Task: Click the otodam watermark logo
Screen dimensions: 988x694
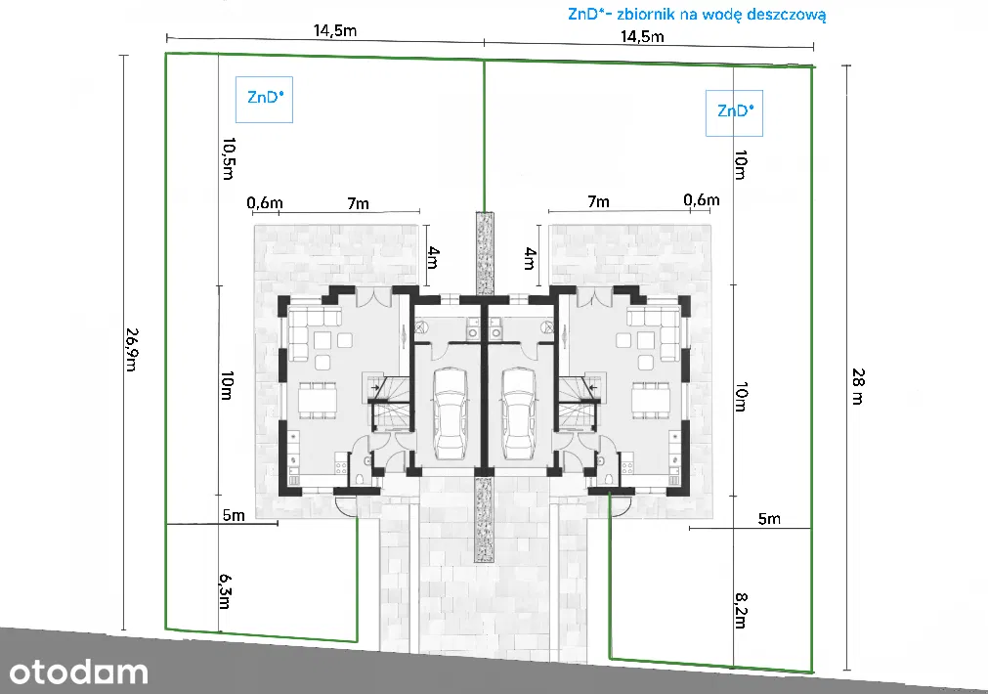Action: (x=78, y=672)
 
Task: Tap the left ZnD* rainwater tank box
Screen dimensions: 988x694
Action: (x=264, y=100)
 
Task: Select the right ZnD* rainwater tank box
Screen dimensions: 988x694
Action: (x=734, y=113)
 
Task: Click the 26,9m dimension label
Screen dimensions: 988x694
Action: (x=131, y=349)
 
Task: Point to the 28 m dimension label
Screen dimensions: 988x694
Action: (x=858, y=386)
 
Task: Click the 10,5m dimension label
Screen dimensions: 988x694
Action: (x=229, y=158)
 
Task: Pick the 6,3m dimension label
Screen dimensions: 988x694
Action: (x=225, y=591)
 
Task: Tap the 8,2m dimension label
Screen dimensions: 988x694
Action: (x=741, y=610)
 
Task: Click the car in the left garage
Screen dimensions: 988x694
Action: (x=451, y=414)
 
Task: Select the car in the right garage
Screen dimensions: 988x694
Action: (x=519, y=414)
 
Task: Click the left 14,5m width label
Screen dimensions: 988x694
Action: (x=335, y=30)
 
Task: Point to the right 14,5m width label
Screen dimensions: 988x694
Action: (x=642, y=36)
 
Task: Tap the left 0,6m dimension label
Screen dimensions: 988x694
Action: (x=265, y=202)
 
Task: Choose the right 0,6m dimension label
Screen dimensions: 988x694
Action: (x=702, y=199)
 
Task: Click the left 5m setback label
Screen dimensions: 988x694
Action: (x=234, y=515)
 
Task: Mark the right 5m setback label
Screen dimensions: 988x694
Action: (x=769, y=519)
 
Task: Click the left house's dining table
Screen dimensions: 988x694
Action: (x=318, y=400)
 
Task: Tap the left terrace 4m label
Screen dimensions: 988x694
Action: (x=432, y=257)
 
